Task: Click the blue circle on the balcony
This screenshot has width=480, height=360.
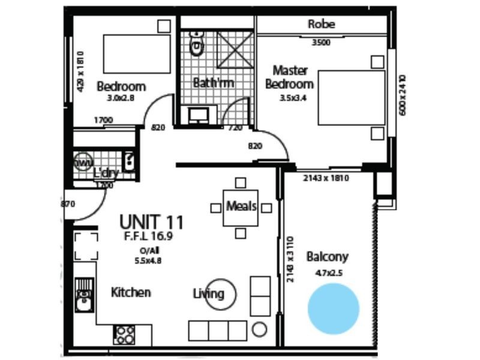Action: pyautogui.click(x=333, y=309)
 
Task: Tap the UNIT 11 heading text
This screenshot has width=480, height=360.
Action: pyautogui.click(x=151, y=223)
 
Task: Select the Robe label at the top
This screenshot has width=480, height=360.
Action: pyautogui.click(x=321, y=25)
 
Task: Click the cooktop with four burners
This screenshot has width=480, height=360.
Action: pyautogui.click(x=125, y=334)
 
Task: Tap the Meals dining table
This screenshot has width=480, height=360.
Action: pyautogui.click(x=241, y=207)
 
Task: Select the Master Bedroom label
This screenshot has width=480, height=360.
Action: pyautogui.click(x=290, y=77)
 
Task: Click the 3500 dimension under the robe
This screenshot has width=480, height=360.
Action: pyautogui.click(x=322, y=43)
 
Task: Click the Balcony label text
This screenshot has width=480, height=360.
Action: pyautogui.click(x=327, y=257)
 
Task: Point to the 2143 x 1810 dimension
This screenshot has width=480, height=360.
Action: pyautogui.click(x=326, y=178)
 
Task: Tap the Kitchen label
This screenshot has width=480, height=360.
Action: pyautogui.click(x=131, y=292)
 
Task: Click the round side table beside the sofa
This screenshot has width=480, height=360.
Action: pyautogui.click(x=259, y=329)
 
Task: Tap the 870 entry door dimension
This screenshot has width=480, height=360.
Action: pyautogui.click(x=68, y=204)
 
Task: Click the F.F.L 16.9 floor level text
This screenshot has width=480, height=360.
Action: pyautogui.click(x=149, y=236)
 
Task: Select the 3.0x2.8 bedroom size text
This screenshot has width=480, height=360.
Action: pyautogui.click(x=121, y=98)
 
